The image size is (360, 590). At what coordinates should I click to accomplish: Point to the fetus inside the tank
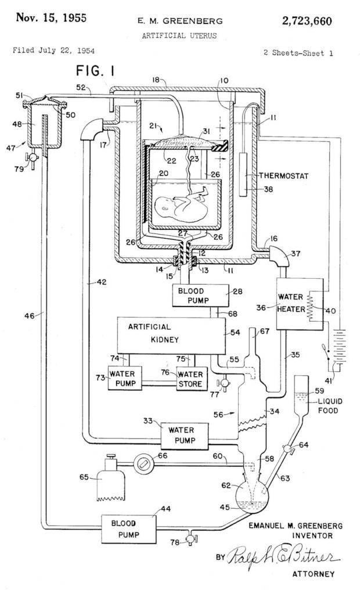[x=179, y=207]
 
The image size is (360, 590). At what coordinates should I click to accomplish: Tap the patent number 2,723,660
[x=307, y=21]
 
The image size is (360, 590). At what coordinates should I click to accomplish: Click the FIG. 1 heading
[x=96, y=71]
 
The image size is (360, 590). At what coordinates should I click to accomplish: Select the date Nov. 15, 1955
[x=51, y=17]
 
